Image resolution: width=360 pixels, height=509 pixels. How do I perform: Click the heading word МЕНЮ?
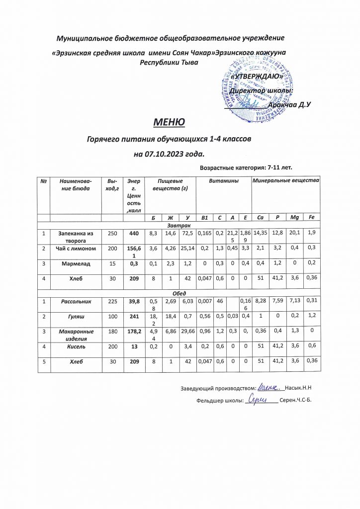[x=169, y=122]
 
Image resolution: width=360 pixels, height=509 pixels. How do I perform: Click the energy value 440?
[x=133, y=232]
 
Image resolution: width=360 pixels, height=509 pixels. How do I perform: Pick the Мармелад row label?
[x=76, y=264]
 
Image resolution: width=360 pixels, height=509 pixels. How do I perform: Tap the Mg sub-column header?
[x=295, y=218]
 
